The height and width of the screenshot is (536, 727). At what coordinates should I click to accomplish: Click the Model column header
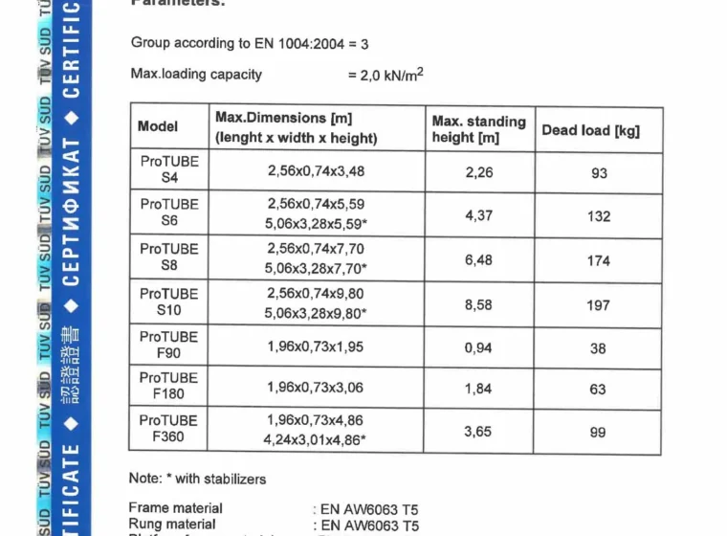coord(158,126)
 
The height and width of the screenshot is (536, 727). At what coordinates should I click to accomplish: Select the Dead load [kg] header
coord(590,130)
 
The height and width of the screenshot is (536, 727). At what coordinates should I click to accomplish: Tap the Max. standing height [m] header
coord(478,129)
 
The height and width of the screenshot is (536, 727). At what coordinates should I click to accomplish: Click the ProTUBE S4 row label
coord(169,169)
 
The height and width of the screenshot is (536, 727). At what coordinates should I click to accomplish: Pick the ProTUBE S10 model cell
coord(169,301)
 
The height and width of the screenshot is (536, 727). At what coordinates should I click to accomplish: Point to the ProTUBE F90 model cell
coord(169,345)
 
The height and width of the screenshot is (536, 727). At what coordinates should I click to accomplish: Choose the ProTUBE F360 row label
coord(169,429)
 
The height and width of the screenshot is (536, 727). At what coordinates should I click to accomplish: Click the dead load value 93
coord(599,173)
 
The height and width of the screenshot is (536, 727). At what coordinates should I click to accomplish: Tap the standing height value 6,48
coord(478,259)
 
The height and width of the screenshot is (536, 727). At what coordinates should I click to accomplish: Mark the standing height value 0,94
coord(478,348)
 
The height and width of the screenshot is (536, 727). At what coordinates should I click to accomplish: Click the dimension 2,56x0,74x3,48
coord(316,172)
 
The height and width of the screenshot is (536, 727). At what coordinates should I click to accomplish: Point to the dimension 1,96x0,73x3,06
coord(316,388)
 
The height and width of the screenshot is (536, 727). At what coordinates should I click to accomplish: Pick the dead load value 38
coord(598,348)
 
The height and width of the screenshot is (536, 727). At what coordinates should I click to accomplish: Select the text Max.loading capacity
coord(196,74)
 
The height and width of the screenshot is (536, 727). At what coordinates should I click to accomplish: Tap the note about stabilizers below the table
coord(197,478)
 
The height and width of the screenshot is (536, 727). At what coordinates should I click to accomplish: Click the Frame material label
coord(175,508)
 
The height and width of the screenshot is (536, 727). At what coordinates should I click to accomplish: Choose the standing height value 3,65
coord(478,432)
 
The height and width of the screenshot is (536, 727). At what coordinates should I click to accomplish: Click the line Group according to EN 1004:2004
coord(249,43)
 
